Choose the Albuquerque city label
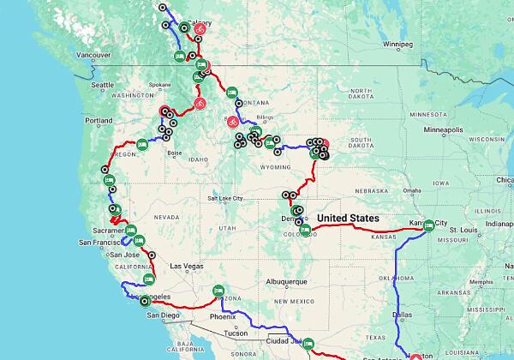coord(285,281)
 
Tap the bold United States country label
coord(348,219)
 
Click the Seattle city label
coord(103,85)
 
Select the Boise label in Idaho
coord(175,153)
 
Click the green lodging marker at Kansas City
coord(427,225)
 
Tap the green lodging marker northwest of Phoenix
coord(218,291)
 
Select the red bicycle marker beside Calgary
coord(199,28)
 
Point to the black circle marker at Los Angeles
coord(144,301)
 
